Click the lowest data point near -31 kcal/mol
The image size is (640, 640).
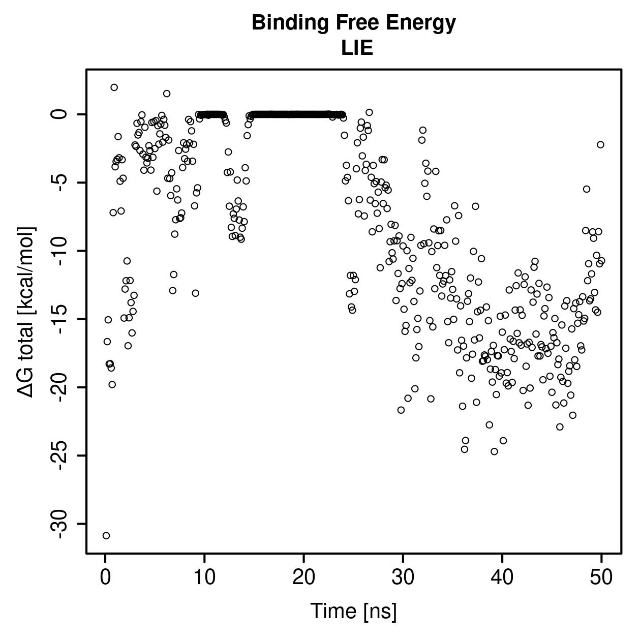(106, 536)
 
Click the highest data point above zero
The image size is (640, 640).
(114, 87)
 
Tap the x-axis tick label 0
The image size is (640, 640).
(105, 577)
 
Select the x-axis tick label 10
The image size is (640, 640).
(204, 577)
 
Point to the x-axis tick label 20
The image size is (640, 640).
(303, 577)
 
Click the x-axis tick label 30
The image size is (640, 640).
(403, 577)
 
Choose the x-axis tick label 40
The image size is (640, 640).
(502, 577)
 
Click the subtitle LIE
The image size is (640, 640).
(357, 48)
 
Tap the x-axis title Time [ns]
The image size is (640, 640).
(353, 611)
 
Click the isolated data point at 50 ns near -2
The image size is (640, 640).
(600, 144)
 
